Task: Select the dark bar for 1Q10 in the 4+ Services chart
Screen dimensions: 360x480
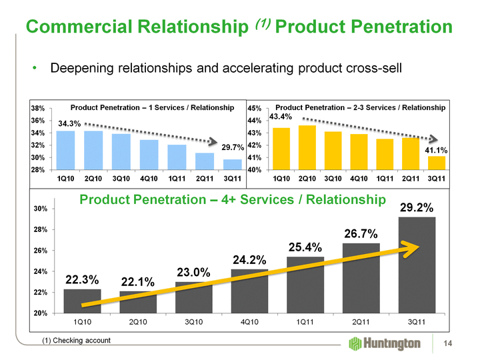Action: point(82,301)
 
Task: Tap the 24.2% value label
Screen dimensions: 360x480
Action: point(250,259)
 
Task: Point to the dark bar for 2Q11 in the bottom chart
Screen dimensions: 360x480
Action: point(361,278)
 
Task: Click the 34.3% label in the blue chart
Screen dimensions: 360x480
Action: point(69,124)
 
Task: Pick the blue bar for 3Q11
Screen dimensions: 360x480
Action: point(232,165)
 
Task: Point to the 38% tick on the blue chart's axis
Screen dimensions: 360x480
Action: point(38,108)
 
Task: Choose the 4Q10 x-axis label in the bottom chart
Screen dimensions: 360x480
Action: point(249,322)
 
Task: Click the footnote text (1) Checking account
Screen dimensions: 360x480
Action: point(77,341)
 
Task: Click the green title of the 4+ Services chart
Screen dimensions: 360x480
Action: point(233,199)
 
